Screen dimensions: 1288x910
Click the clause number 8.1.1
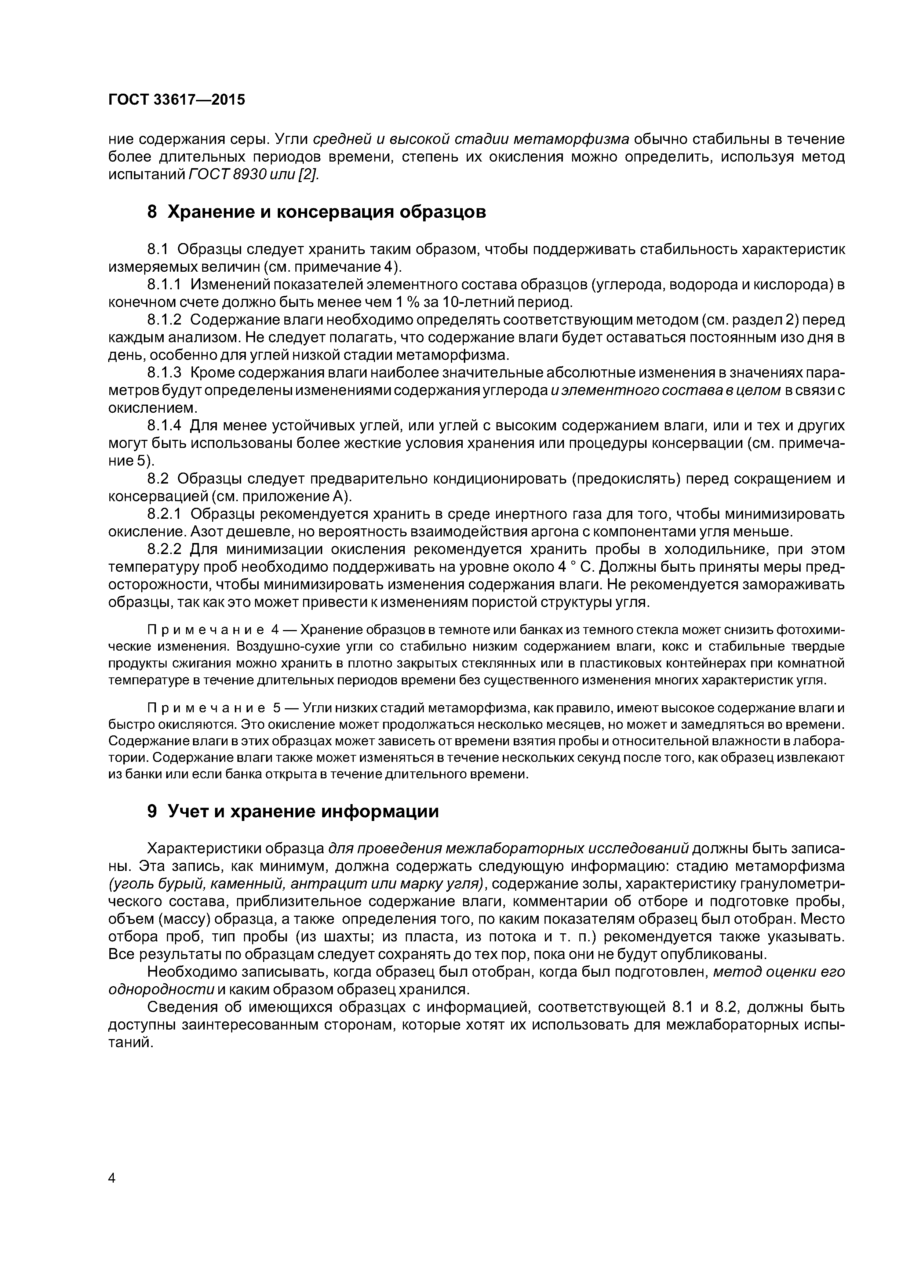coord(165,285)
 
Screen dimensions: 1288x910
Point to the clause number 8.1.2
coord(165,320)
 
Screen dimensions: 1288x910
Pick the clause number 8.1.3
coord(165,373)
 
